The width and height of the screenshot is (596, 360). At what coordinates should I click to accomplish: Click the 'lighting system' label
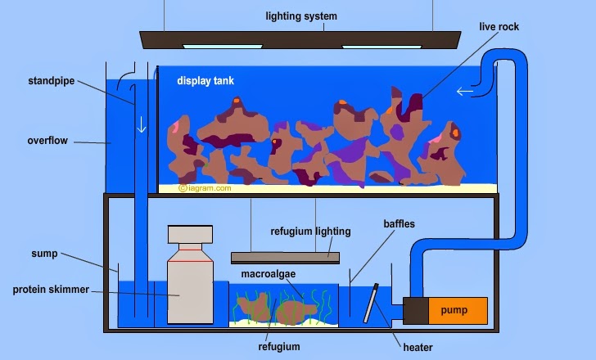300,16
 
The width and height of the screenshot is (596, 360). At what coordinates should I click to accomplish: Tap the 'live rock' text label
499,27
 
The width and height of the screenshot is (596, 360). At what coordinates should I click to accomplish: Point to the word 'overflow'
47,141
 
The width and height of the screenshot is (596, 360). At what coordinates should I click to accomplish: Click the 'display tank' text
205,81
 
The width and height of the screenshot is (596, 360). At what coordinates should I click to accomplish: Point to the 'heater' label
418,347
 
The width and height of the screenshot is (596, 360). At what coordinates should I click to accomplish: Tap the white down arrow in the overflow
141,125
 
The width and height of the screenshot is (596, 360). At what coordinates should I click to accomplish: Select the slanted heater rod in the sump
371,305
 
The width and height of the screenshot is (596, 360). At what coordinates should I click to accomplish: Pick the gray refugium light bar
285,257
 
